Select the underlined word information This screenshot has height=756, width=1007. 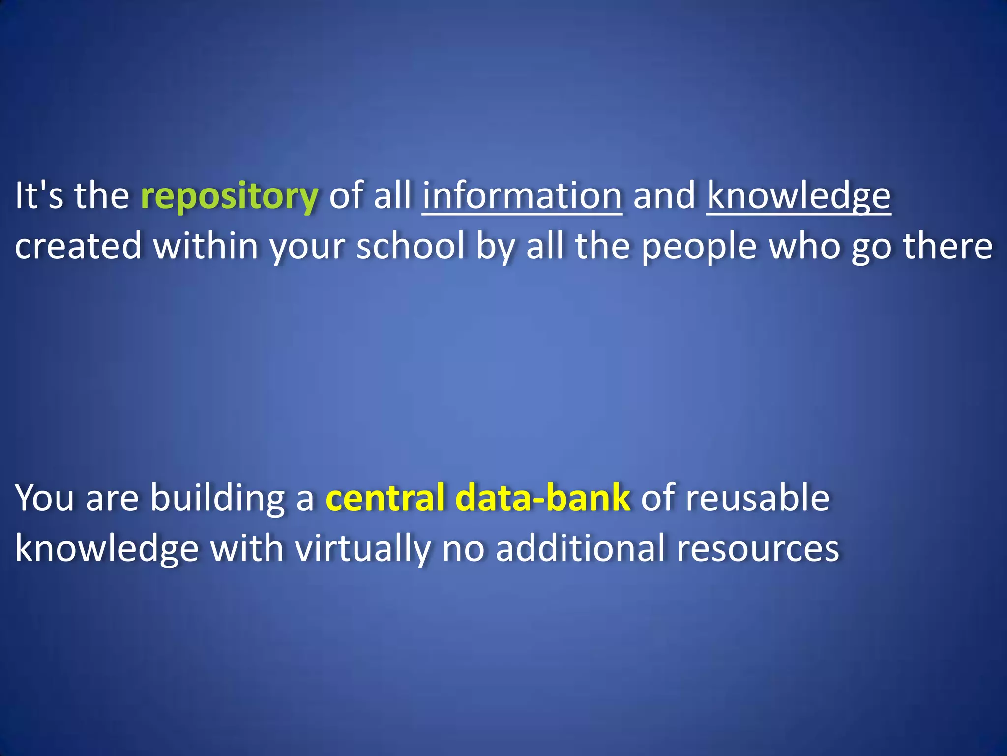[x=522, y=196]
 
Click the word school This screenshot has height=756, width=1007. [x=411, y=246]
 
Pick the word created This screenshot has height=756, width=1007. [x=78, y=246]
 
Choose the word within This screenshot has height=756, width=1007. [x=206, y=246]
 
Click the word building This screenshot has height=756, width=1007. [x=217, y=499]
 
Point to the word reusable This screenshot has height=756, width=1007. [x=758, y=498]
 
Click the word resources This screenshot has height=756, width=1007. [x=758, y=549]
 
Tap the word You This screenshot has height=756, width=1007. [x=45, y=498]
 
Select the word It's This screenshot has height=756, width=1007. [x=39, y=196]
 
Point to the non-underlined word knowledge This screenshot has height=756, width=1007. [x=107, y=549]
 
